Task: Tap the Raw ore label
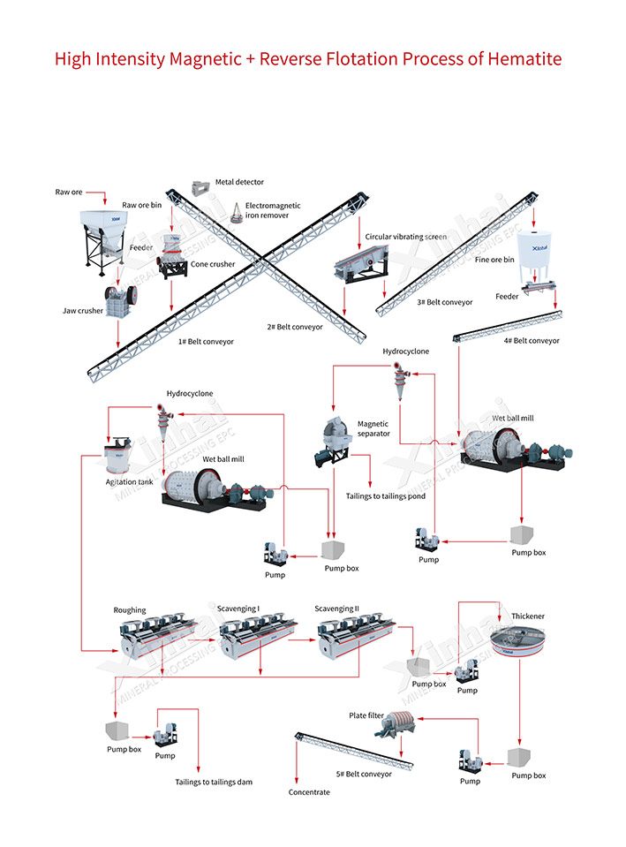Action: [69, 192]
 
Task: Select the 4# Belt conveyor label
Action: [531, 341]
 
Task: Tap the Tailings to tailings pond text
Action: [385, 496]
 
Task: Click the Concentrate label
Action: [309, 792]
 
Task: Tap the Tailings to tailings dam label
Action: [214, 782]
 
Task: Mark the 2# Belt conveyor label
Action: [295, 327]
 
